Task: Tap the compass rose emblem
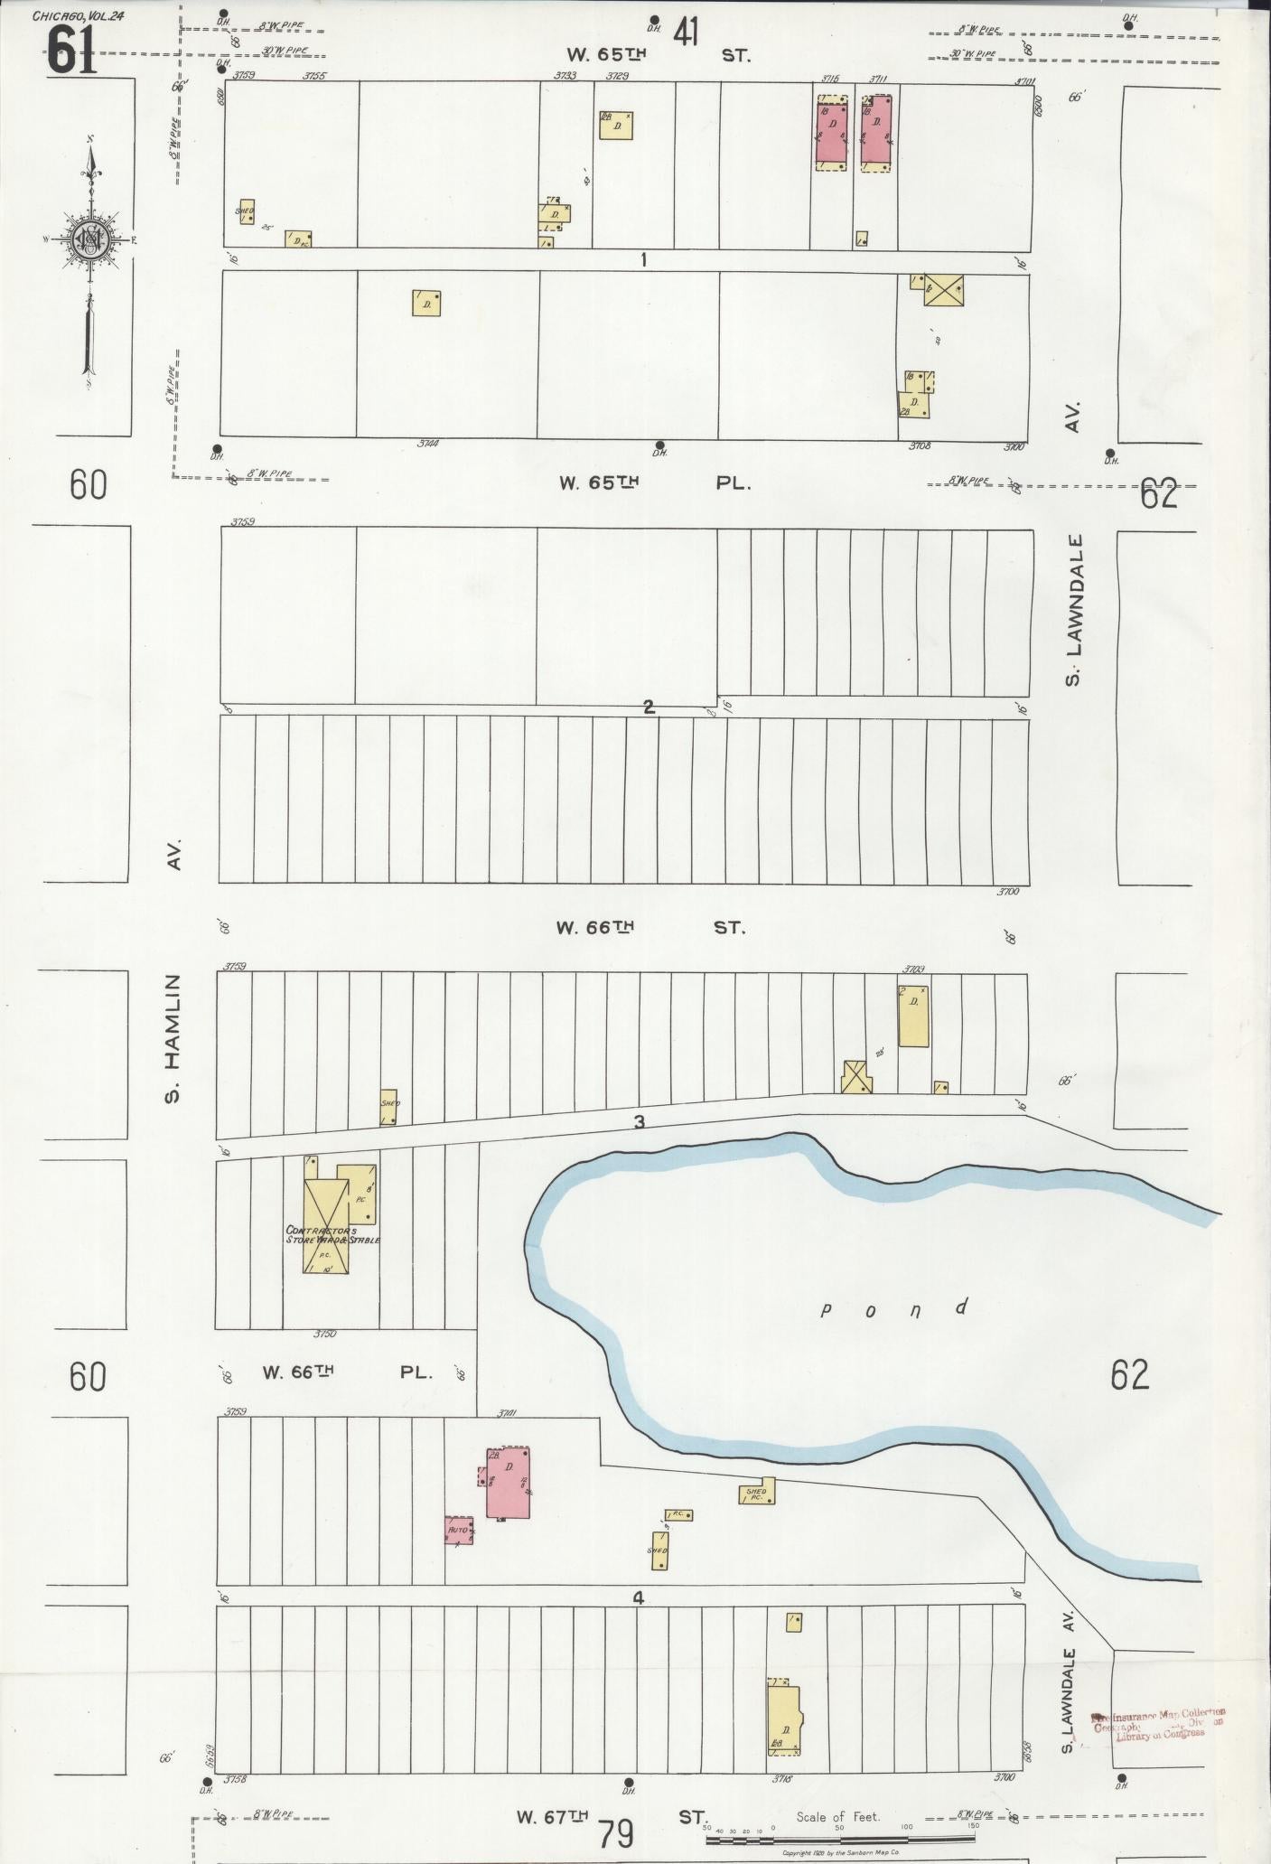click(x=91, y=239)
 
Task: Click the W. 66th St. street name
click(x=650, y=927)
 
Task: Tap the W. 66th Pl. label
click(x=347, y=1372)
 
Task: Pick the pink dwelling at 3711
click(x=876, y=134)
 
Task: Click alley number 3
click(x=640, y=1122)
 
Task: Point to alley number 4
click(x=638, y=1597)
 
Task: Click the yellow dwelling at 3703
click(x=913, y=1016)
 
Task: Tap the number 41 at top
click(x=685, y=33)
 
